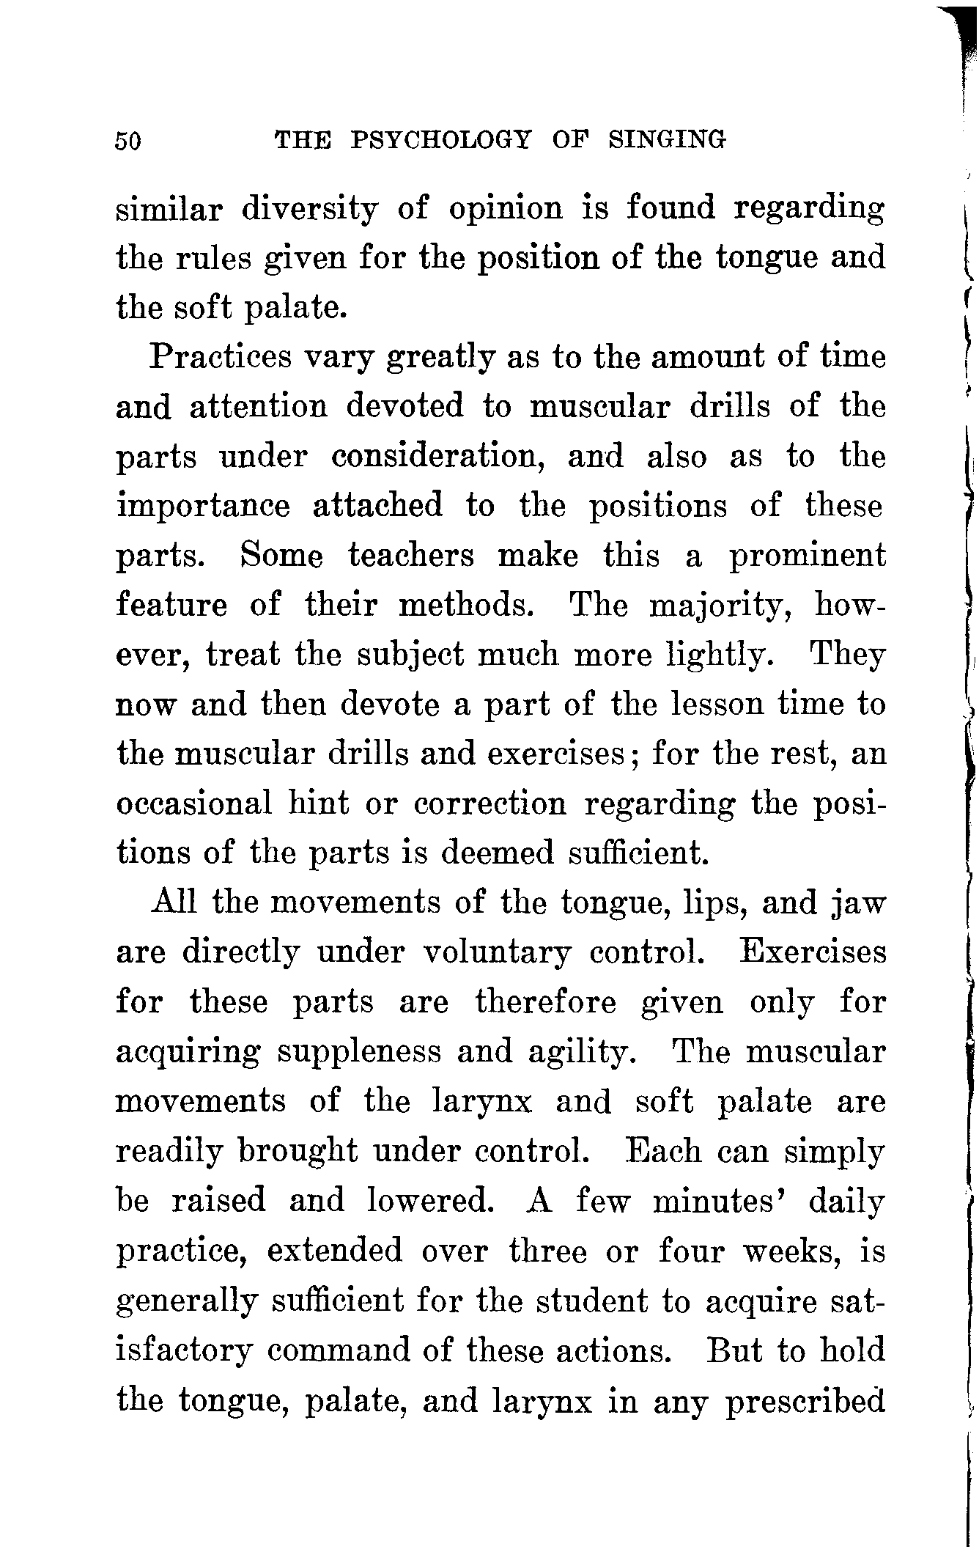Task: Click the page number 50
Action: pyautogui.click(x=129, y=140)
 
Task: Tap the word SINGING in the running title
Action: pyautogui.click(x=667, y=139)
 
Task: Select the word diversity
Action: pyautogui.click(x=310, y=210)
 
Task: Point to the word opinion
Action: pyautogui.click(x=505, y=210)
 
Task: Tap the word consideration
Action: pyautogui.click(x=437, y=457)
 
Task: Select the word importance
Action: pyautogui.click(x=203, y=507)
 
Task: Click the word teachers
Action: pyautogui.click(x=410, y=556)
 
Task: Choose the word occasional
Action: pyautogui.click(x=194, y=803)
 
